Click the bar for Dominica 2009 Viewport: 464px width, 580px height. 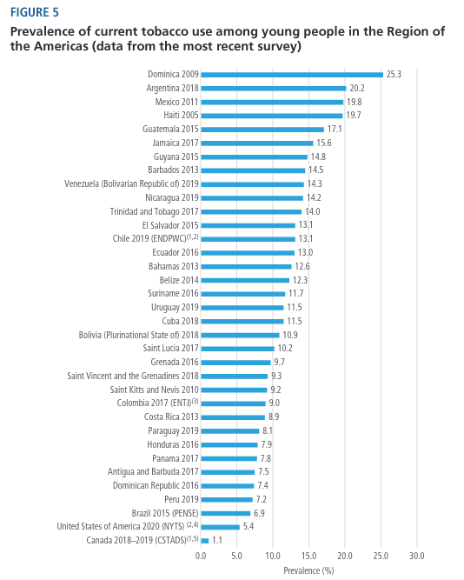292,75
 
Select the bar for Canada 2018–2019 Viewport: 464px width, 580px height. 205,541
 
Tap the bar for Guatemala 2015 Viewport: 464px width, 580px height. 262,130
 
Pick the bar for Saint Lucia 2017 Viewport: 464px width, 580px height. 238,349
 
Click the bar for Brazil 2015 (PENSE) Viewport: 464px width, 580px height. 226,513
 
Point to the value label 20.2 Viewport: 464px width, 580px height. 357,88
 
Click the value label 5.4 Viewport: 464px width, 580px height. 249,526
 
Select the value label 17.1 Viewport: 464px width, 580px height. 335,129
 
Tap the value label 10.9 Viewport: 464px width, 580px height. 290,335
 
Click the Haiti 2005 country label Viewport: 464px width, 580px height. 181,116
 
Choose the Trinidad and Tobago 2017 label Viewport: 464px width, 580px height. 154,211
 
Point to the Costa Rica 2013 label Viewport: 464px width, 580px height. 171,417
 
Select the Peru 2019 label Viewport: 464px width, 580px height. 182,499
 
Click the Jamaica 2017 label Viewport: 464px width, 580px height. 176,143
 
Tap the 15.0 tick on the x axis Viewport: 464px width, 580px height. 308,556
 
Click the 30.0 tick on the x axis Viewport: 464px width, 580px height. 417,556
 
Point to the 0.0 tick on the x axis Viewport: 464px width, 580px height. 201,556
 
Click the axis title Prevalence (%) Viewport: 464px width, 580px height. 308,570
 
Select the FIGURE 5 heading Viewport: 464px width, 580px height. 35,12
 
